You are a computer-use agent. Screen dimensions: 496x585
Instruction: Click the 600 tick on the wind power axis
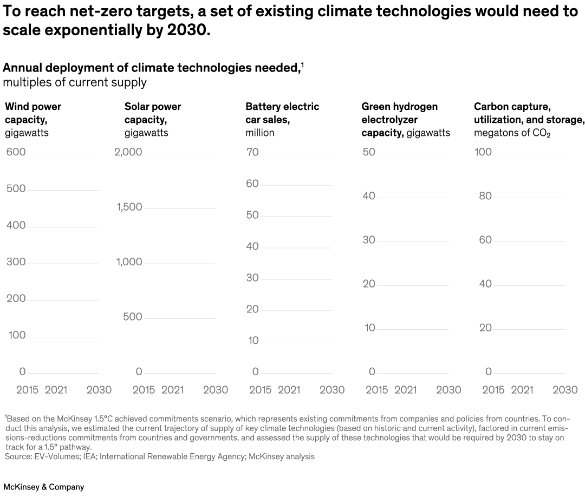(16, 152)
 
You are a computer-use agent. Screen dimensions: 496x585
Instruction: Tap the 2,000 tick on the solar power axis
(128, 152)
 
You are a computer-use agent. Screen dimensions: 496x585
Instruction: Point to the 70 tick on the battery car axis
(252, 152)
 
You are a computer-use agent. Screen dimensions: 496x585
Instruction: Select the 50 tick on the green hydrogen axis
(369, 152)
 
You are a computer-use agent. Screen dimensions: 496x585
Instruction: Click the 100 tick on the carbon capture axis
(483, 152)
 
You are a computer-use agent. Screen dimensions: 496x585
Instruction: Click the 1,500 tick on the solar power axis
(129, 207)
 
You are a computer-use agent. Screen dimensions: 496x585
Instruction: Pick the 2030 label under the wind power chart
(99, 390)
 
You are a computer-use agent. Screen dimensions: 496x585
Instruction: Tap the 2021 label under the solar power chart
(172, 390)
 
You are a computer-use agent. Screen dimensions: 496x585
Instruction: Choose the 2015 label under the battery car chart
(260, 390)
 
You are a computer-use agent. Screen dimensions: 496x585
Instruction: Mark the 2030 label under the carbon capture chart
(565, 390)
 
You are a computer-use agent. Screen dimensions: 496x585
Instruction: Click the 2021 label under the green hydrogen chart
(405, 390)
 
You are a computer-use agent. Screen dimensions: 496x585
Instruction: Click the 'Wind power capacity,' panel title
(33, 113)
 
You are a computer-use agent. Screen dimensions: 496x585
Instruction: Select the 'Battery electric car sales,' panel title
(282, 113)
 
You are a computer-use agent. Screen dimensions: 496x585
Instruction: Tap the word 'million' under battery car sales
(260, 133)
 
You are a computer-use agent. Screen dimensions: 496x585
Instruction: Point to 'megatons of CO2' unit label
(512, 133)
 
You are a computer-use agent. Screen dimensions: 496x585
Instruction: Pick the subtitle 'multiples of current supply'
(75, 82)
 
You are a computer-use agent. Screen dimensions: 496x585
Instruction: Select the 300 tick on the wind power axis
(16, 262)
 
